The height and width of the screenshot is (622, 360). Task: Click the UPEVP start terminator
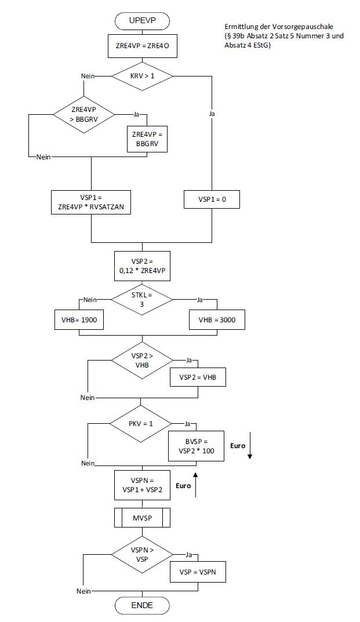pos(142,21)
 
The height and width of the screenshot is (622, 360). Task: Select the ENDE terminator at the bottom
pos(142,605)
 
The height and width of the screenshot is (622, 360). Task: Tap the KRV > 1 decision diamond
pos(142,76)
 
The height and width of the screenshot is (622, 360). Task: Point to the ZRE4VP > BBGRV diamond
pos(84,114)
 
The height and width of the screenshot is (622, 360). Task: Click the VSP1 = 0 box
pos(211,199)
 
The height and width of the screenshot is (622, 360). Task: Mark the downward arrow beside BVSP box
pos(249,447)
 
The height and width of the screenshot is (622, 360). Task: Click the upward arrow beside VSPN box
pos(196,484)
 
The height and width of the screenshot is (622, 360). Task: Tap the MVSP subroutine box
pos(142,516)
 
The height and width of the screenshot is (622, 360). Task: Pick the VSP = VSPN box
pos(197,572)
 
